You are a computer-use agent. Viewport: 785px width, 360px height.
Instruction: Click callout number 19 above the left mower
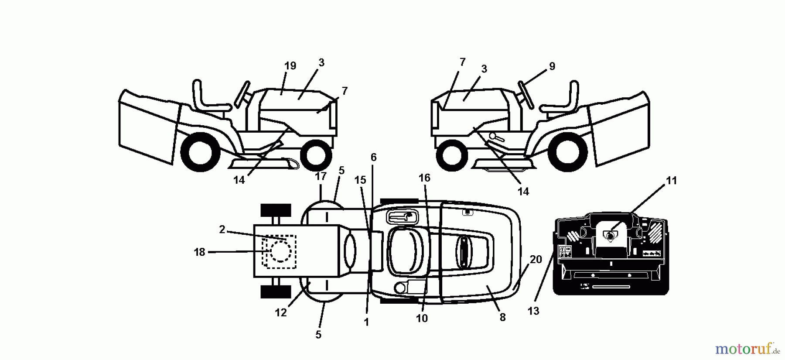click(x=290, y=66)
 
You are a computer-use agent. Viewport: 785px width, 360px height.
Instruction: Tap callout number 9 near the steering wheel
click(x=552, y=66)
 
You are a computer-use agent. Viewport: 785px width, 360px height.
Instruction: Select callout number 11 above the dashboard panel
click(x=671, y=181)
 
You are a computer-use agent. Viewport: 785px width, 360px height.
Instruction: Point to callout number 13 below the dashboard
click(x=533, y=311)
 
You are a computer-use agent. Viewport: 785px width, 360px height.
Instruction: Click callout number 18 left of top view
click(x=199, y=252)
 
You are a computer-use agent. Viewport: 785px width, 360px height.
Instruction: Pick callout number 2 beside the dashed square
click(x=222, y=230)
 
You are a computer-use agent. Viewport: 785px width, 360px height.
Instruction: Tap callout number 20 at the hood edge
click(x=536, y=260)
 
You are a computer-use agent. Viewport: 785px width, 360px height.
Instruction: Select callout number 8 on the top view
click(x=502, y=318)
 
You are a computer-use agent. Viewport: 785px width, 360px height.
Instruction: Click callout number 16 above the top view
click(x=424, y=178)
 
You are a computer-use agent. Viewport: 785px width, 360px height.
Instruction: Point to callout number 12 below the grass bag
click(x=280, y=313)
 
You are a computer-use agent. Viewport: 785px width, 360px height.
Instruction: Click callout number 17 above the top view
click(x=321, y=176)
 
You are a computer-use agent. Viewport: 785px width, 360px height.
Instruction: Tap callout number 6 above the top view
click(x=373, y=157)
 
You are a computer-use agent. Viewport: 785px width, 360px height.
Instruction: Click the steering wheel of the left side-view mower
click(x=242, y=94)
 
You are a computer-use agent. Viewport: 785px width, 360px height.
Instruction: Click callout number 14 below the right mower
click(x=523, y=192)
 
